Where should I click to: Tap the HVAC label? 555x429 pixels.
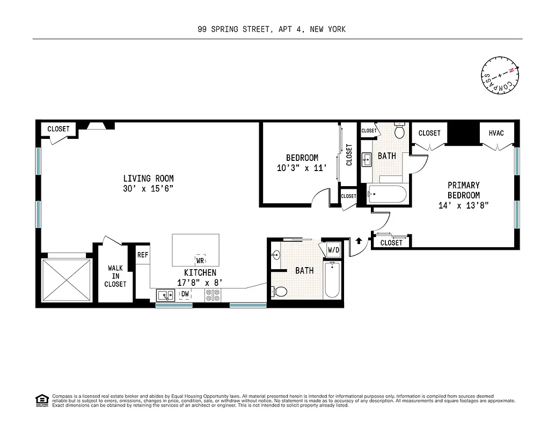click(x=496, y=133)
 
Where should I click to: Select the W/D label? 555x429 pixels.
click(x=333, y=250)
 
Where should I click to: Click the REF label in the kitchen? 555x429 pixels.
click(x=142, y=255)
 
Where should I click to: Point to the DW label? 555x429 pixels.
click(x=185, y=294)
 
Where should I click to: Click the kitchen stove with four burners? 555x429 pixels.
click(x=213, y=295)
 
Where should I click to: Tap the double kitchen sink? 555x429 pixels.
click(x=165, y=294)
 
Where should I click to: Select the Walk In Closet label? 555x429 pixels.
click(x=115, y=276)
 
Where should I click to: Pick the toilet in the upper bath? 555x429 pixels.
click(x=399, y=131)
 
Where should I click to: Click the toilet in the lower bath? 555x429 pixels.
click(x=279, y=291)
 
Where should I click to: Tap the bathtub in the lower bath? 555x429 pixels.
click(x=331, y=279)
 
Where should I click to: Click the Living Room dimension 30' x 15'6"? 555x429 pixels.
click(x=148, y=189)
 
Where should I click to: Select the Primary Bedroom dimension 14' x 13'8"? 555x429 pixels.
click(x=464, y=205)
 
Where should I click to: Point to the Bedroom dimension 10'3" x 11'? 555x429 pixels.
click(x=302, y=168)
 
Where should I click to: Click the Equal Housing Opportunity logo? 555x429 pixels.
click(x=41, y=400)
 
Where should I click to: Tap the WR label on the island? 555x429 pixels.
click(x=200, y=261)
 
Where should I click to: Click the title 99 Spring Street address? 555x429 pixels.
click(x=271, y=29)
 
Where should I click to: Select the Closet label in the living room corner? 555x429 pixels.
click(x=59, y=129)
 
